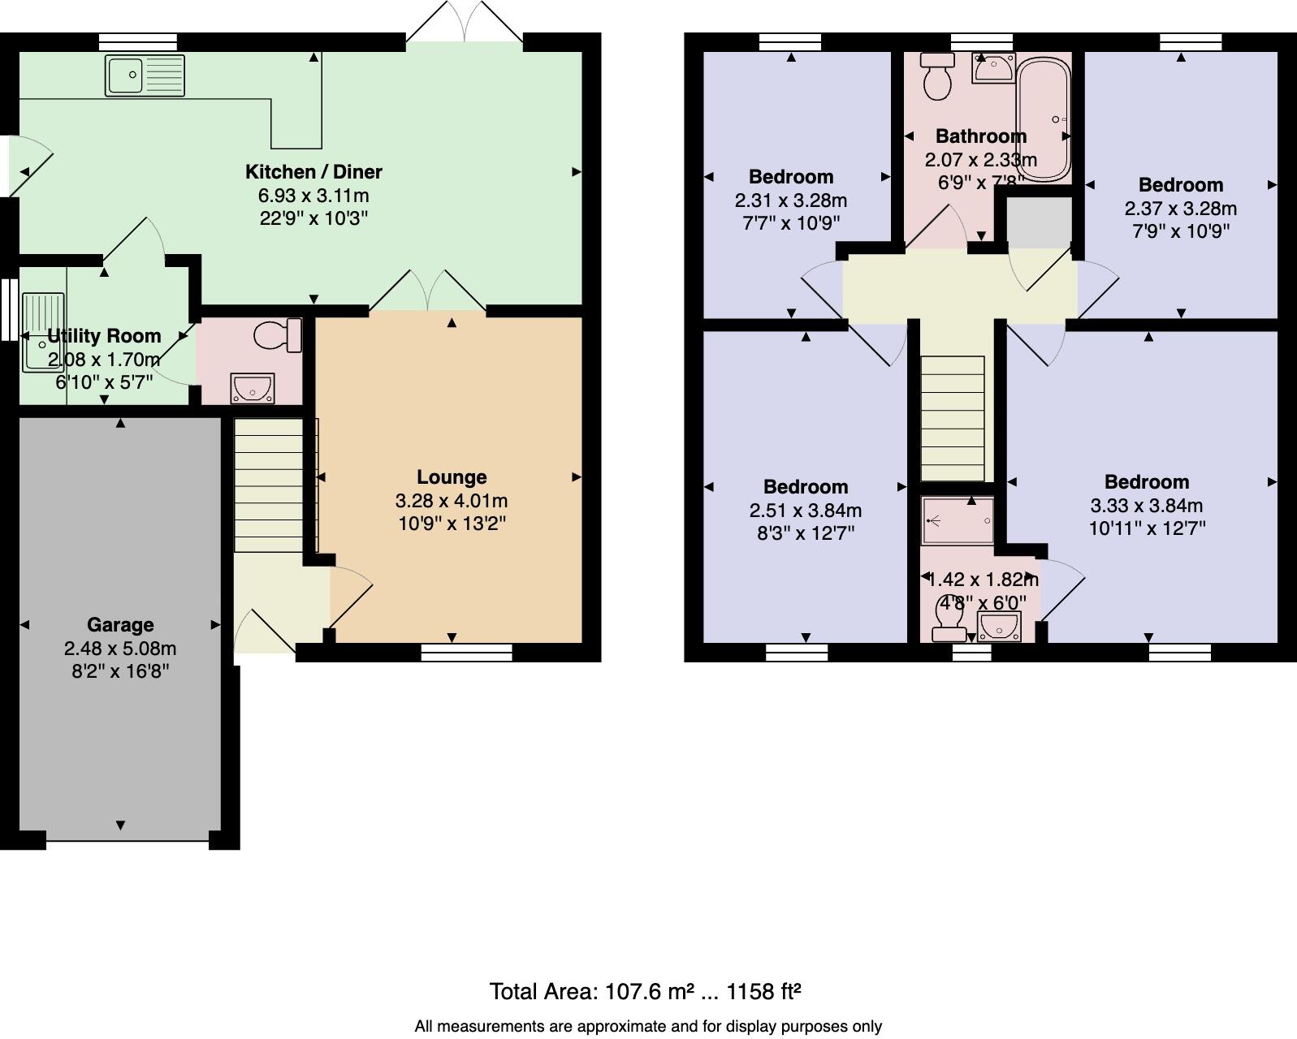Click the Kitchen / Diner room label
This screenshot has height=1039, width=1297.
coord(313,172)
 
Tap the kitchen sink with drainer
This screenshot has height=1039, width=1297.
coord(145,75)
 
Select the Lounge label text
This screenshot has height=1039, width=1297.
coord(452,477)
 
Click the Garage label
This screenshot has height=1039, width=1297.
coord(120,624)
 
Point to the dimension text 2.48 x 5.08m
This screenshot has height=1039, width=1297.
coord(120,648)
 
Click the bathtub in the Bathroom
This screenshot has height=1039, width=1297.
coord(1043,119)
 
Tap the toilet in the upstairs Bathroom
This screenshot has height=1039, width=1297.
coord(937,75)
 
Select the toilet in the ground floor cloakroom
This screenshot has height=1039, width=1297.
coord(278,335)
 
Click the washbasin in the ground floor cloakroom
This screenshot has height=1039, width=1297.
coord(253,389)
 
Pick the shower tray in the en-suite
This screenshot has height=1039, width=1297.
coord(958,520)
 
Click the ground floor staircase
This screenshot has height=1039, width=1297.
coord(268,485)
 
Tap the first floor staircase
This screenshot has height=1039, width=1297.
coord(953,419)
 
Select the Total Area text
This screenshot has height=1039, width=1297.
coord(645,991)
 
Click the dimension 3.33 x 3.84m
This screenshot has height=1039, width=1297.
coord(1146,506)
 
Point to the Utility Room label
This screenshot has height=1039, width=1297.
coord(104,335)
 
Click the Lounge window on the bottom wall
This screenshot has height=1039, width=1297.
coord(466,653)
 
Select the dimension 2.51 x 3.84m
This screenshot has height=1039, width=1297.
coord(805,510)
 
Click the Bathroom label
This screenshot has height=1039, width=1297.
coord(980,136)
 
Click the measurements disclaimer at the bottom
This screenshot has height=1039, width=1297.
coord(648,1026)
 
